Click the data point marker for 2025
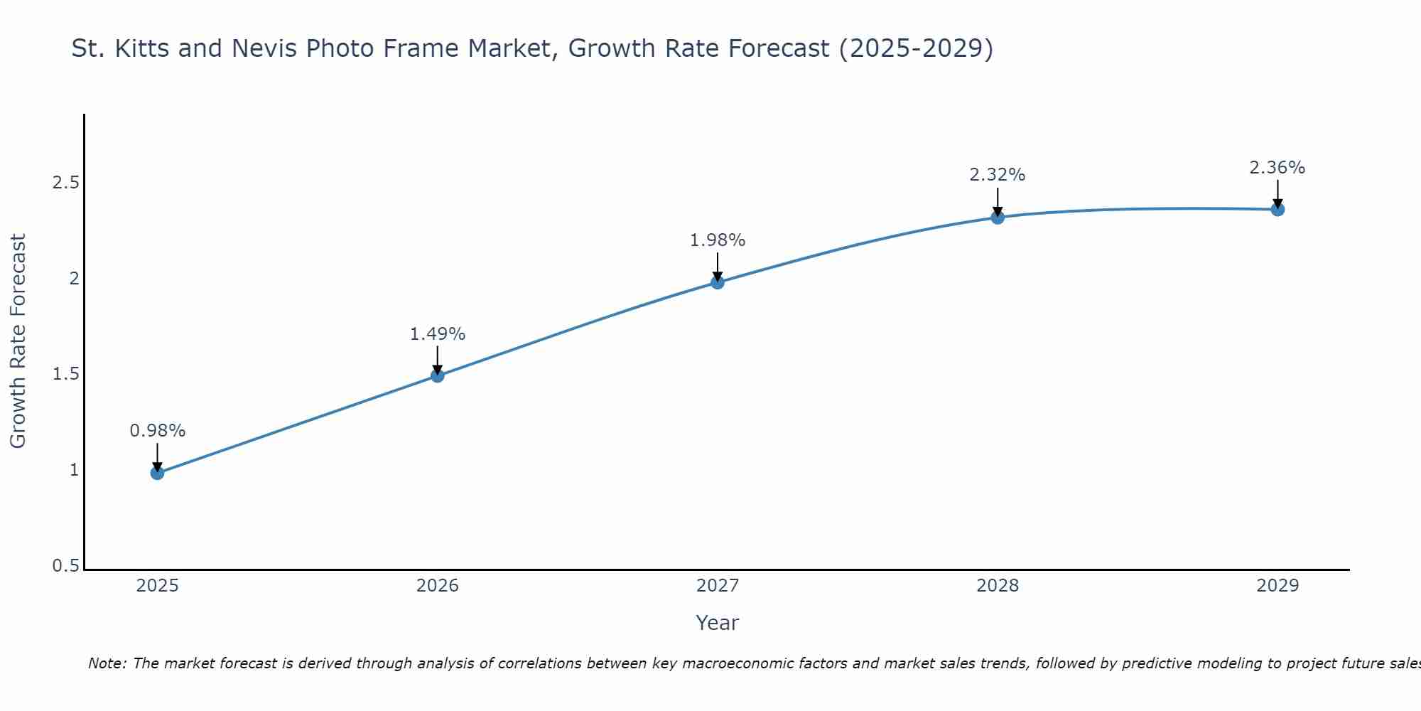[x=157, y=473]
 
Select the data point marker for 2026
[x=438, y=375]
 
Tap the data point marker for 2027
[x=718, y=282]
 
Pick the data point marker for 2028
[x=998, y=217]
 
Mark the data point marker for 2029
[x=1277, y=209]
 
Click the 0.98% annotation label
[x=157, y=431]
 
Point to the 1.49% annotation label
[x=438, y=334]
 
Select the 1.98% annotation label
[x=718, y=240]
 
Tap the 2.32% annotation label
[x=998, y=175]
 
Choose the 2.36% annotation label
[x=1277, y=168]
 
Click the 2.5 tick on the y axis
[x=65, y=183]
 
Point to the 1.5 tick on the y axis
[x=65, y=374]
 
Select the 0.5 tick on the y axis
[x=65, y=566]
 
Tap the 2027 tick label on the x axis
[x=718, y=586]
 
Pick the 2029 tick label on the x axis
[x=1277, y=586]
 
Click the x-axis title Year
[x=718, y=623]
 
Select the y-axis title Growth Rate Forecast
[x=18, y=341]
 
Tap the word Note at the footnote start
[x=107, y=663]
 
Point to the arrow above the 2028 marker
[x=998, y=201]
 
